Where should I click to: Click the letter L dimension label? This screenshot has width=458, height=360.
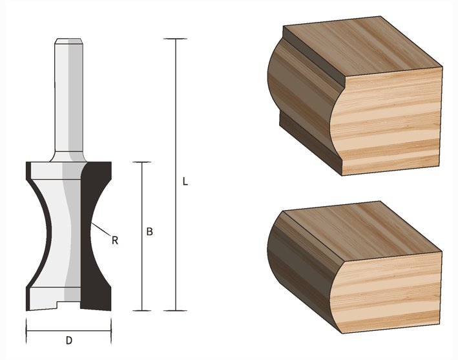185,182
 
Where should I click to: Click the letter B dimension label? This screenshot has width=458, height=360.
150,231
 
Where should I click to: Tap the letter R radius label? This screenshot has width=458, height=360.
115,240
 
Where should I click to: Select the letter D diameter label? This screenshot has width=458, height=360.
69,341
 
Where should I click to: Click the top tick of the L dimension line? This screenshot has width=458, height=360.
175,39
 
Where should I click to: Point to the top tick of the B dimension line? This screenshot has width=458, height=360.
142,162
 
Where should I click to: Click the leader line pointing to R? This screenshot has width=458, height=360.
101,229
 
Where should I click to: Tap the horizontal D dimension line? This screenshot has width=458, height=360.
68,331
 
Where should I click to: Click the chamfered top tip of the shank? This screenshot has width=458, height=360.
68,41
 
